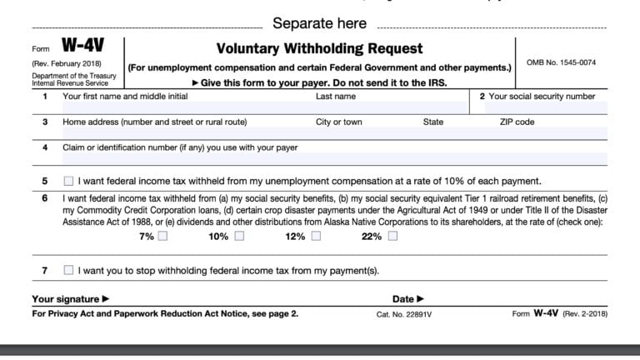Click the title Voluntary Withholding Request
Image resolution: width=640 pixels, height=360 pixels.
point(319,48)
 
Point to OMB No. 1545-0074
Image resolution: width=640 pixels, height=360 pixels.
point(561,62)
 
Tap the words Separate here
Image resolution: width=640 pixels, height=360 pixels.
point(319,23)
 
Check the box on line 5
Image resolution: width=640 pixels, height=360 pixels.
point(68,181)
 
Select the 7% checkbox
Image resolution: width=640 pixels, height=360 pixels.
point(162,237)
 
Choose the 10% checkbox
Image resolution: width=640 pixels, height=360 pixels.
point(239,237)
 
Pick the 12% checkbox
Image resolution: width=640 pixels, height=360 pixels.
point(316,237)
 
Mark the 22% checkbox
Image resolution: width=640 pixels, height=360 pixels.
point(392,237)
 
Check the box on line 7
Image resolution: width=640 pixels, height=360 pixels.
point(68,270)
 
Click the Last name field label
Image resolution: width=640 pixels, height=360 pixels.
point(336,97)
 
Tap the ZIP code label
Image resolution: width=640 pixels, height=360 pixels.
point(517,122)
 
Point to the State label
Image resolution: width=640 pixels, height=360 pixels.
point(433,122)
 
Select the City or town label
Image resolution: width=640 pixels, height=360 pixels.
point(339,122)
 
